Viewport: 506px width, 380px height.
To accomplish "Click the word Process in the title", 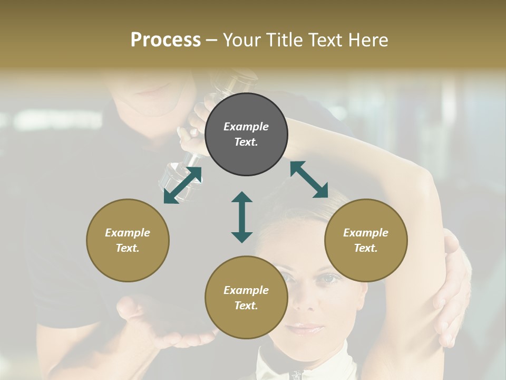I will tap(166, 40).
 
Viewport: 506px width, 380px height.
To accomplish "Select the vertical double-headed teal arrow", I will tap(242, 217).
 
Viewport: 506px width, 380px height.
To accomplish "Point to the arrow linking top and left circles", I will tap(182, 185).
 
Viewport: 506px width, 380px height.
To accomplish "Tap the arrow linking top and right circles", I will tap(309, 179).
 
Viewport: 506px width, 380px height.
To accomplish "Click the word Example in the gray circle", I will tap(246, 127).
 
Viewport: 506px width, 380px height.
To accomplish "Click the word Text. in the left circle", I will tap(128, 248).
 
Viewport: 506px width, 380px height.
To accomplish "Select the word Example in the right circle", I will tap(366, 233).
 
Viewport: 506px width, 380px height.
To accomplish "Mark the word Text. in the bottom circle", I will tap(246, 306).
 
